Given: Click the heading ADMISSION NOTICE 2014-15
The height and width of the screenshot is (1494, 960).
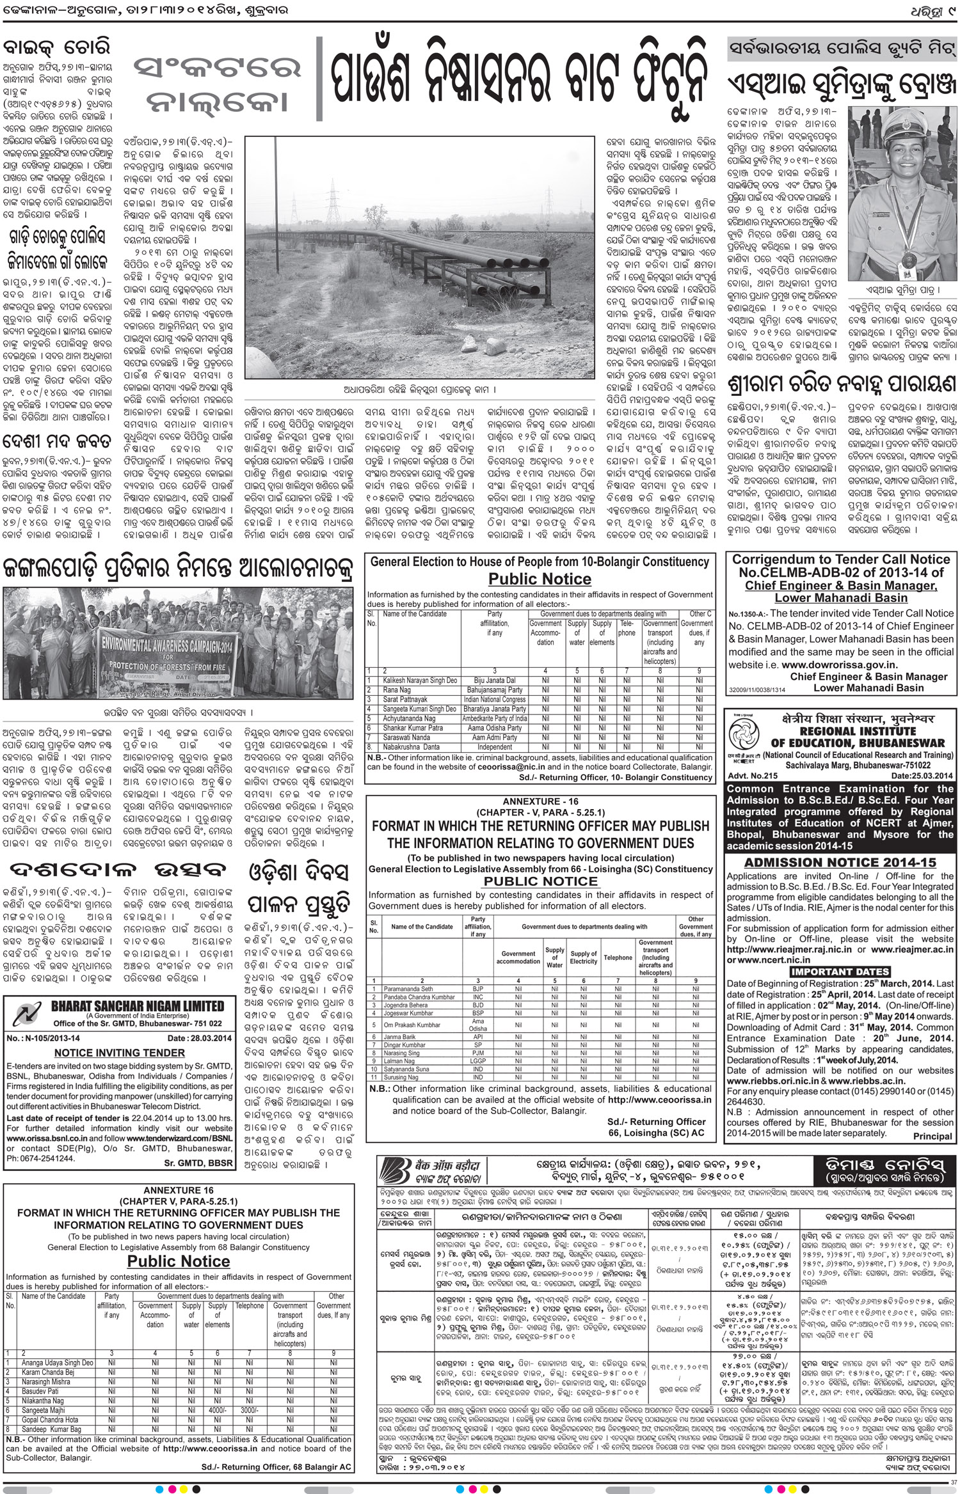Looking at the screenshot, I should tap(840, 863).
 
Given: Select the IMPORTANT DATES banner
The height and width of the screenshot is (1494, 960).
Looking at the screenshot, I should tap(840, 972).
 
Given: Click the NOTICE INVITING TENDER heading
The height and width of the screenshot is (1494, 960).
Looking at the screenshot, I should tap(119, 1053).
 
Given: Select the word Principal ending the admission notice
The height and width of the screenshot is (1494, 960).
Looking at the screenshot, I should tap(932, 1136).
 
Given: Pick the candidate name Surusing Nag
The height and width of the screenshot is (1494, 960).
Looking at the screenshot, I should tap(401, 1077).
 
